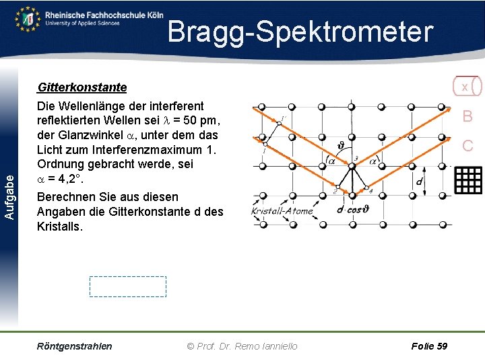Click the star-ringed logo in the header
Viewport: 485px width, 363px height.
coord(28,18)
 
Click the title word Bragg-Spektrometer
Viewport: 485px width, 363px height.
coord(300,32)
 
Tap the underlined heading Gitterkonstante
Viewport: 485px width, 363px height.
coord(82,87)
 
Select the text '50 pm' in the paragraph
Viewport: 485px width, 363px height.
coord(204,121)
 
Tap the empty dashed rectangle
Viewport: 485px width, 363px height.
coord(128,286)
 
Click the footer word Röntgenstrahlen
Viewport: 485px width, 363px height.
coord(75,346)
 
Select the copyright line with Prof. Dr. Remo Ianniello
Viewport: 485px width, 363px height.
coord(242,346)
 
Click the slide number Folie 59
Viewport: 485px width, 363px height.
coord(428,346)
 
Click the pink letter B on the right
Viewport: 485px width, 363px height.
coord(467,116)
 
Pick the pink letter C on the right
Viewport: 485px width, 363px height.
coord(467,145)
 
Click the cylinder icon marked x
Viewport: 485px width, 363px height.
coord(466,87)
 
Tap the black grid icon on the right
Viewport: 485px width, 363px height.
coord(469,179)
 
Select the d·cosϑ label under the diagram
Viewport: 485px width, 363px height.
coord(353,209)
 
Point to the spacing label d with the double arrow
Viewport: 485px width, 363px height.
coord(419,182)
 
